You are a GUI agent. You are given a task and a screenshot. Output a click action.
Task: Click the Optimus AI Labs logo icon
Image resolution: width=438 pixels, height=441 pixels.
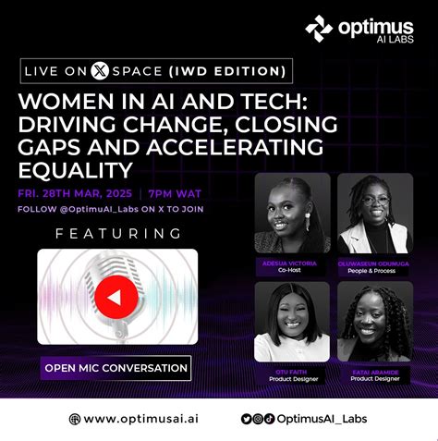319,30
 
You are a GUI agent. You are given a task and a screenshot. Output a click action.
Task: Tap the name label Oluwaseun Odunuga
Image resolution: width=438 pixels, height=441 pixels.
374,263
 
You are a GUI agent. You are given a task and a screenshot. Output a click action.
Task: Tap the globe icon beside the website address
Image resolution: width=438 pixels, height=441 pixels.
75,419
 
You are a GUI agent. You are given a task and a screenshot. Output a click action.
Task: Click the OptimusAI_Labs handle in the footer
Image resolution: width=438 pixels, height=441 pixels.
322,419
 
